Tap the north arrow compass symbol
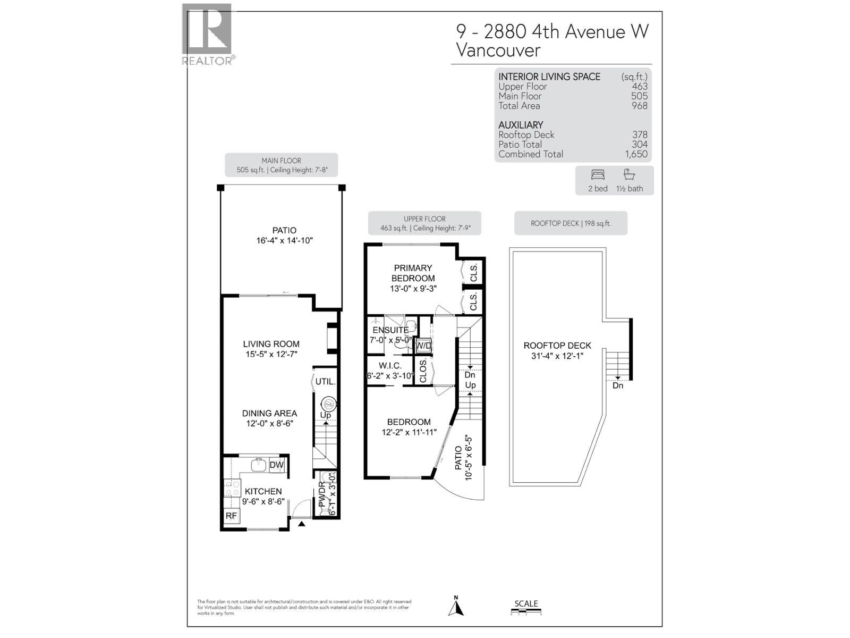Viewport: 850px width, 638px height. (x=456, y=607)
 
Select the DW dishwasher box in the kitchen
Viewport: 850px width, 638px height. (x=277, y=465)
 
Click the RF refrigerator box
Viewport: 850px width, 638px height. (x=231, y=516)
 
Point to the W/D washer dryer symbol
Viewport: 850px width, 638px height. (x=423, y=346)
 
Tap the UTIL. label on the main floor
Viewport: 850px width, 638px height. (x=325, y=382)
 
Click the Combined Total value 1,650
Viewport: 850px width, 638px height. (x=636, y=154)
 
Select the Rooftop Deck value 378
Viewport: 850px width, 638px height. (x=640, y=135)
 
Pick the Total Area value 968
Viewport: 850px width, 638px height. (x=640, y=106)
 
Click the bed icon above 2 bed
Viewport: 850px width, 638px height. (x=598, y=175)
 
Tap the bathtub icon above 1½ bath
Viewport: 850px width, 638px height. (x=629, y=175)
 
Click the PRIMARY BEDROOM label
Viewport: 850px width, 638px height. (x=413, y=273)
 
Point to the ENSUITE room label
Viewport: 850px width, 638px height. (x=390, y=330)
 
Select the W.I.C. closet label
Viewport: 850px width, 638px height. (x=390, y=366)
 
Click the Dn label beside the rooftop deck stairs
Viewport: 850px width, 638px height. (x=618, y=385)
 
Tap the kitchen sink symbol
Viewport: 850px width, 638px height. (x=259, y=464)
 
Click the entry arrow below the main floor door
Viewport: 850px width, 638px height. (x=302, y=524)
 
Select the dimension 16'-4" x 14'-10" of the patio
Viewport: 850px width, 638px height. (x=284, y=240)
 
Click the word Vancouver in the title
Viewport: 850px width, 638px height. (x=498, y=51)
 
